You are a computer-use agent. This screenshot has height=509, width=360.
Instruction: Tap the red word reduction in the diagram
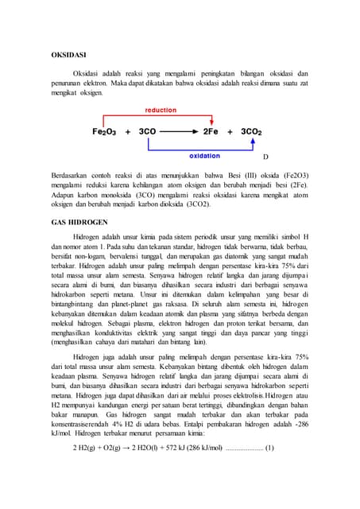click(161, 110)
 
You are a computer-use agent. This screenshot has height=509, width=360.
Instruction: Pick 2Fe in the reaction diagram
click(211, 131)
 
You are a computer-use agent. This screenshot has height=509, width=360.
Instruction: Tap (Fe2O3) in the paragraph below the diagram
click(291, 173)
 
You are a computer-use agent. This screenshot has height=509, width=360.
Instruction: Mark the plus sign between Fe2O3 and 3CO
click(127, 131)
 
